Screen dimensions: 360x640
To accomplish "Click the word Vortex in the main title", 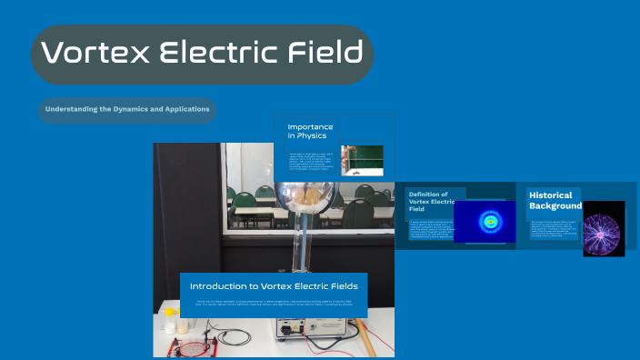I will [x=94, y=54].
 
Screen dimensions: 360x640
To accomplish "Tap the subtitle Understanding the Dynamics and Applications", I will [x=127, y=109].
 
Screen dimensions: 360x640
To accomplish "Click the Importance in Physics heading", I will [x=310, y=130].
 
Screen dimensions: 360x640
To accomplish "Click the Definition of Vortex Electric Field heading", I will [x=433, y=201].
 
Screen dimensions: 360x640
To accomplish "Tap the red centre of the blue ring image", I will [x=491, y=221].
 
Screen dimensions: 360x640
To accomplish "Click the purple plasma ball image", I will [x=603, y=228].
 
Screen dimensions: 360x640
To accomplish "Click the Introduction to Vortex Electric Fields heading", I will [x=274, y=285].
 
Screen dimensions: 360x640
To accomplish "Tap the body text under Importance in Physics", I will [x=312, y=161].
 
